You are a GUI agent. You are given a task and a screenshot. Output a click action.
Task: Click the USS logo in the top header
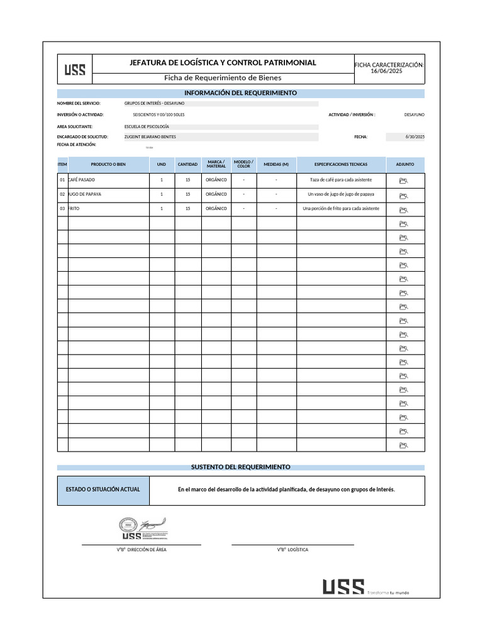[75, 69]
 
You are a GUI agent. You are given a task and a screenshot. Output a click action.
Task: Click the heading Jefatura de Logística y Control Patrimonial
[223, 63]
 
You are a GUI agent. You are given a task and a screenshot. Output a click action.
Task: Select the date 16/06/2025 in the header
[387, 72]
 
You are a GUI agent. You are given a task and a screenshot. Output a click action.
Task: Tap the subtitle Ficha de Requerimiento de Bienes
[223, 78]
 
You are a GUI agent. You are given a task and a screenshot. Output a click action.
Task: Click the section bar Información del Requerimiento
[240, 93]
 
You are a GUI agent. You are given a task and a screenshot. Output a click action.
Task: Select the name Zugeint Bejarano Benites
[150, 136]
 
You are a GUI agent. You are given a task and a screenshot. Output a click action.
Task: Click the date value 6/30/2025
[415, 136]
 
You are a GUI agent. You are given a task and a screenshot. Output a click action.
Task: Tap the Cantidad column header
[187, 164]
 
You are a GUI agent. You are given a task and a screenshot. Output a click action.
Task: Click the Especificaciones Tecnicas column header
[341, 164]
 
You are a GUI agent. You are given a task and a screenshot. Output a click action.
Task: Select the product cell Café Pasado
[82, 180]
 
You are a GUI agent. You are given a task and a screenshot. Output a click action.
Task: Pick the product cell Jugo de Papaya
[85, 194]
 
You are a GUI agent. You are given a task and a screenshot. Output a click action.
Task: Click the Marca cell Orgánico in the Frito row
[216, 208]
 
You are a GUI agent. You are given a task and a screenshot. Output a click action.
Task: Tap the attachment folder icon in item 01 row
[404, 181]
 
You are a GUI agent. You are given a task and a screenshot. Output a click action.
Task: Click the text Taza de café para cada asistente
[341, 180]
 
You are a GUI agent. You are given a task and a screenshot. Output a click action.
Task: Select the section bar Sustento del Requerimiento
[240, 467]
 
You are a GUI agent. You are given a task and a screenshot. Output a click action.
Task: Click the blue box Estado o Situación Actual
[103, 490]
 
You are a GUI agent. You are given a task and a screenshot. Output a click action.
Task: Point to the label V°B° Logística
[292, 550]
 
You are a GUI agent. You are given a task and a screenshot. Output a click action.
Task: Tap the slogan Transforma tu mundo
[388, 592]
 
